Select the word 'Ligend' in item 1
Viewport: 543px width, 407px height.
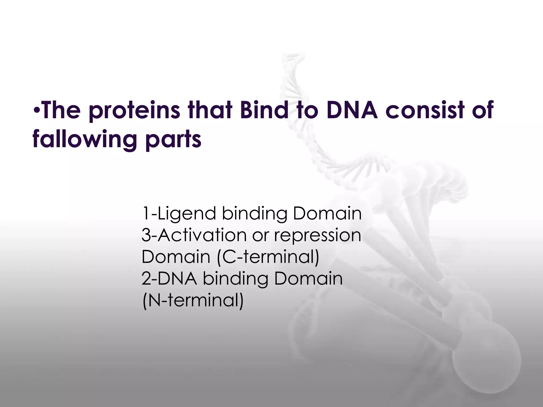click(186, 214)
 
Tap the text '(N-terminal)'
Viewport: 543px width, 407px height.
click(193, 300)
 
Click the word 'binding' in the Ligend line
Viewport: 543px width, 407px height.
click(254, 214)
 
